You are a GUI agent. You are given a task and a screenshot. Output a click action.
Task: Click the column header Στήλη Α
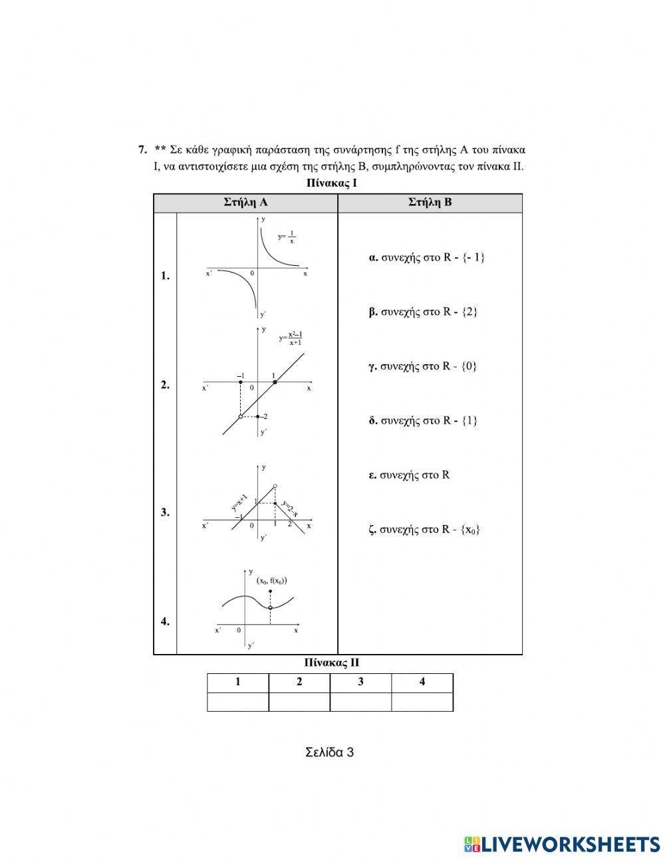(245, 203)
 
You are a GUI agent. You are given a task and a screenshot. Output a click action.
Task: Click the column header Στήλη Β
(430, 203)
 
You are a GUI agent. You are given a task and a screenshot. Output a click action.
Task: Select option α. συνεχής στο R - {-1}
(426, 257)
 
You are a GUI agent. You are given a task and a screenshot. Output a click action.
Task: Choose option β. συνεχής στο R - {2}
(423, 312)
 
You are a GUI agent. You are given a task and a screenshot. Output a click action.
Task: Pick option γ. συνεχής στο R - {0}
(423, 366)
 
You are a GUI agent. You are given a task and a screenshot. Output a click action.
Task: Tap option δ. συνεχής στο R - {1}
(423, 421)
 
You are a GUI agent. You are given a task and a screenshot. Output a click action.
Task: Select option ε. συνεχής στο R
(410, 475)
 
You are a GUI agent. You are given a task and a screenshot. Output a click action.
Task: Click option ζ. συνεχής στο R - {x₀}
(425, 530)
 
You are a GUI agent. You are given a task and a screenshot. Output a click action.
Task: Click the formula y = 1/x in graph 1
(287, 237)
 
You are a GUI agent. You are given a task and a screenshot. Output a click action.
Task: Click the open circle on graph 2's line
(240, 417)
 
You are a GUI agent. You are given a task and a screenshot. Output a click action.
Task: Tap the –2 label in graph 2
(264, 417)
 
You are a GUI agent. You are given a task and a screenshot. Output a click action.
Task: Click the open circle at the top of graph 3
(275, 486)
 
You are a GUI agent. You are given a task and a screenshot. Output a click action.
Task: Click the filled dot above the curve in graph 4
(270, 591)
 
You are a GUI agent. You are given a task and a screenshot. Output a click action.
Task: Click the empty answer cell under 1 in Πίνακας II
(238, 702)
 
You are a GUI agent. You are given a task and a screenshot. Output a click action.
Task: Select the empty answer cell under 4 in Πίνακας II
(422, 702)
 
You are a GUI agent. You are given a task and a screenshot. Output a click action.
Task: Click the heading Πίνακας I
(332, 182)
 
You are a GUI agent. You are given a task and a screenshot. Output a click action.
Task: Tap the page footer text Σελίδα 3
(330, 752)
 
